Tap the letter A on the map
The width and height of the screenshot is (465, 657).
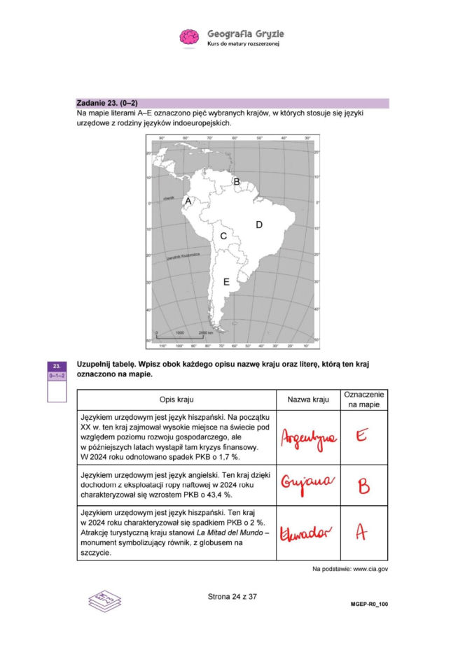187,201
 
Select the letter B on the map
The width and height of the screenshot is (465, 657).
237,183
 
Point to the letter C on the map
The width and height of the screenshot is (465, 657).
223,236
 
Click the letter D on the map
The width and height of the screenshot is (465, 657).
258,225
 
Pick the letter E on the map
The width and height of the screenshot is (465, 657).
225,282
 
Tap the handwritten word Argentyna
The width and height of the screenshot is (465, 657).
307,438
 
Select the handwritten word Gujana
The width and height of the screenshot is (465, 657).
305,483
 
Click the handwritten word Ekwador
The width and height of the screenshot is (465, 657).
306,532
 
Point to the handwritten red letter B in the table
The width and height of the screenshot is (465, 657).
362,485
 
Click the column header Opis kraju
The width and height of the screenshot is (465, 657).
176,400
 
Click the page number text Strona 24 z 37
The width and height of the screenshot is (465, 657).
233,597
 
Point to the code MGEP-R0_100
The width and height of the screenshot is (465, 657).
369,602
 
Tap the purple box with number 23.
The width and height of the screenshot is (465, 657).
57,366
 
